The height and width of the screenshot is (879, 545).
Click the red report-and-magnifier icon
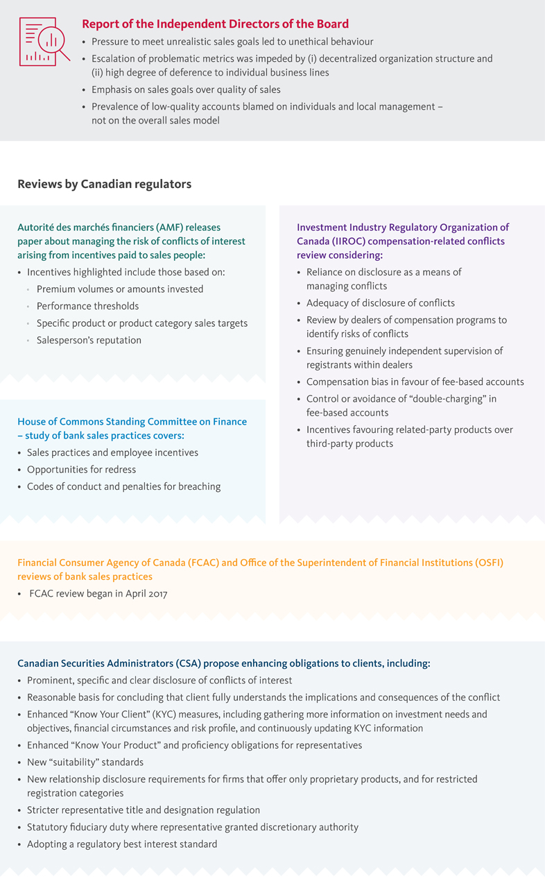pyautogui.click(x=44, y=42)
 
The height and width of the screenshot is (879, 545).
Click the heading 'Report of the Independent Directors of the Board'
pyautogui.click(x=215, y=24)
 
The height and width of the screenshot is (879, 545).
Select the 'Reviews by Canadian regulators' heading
pyautogui.click(x=105, y=184)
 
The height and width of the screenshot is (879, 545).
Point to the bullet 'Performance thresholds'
pyautogui.click(x=87, y=306)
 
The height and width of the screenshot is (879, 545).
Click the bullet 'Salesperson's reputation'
pyautogui.click(x=89, y=340)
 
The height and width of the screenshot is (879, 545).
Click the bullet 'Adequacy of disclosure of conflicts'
pyautogui.click(x=381, y=302)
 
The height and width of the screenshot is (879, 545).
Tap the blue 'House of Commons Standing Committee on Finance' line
pyautogui.click(x=132, y=421)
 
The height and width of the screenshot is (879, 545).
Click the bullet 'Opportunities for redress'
pyautogui.click(x=81, y=470)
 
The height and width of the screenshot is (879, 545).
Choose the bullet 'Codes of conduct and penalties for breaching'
pyautogui.click(x=123, y=486)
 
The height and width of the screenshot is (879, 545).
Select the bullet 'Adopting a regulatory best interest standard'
pyautogui.click(x=122, y=844)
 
